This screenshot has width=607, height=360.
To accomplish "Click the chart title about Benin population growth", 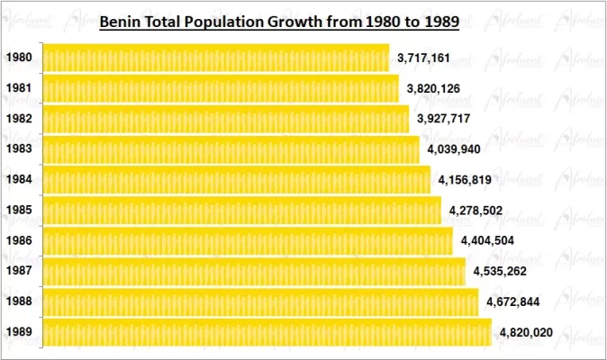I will point(279,21).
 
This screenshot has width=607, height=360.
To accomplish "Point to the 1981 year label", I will point(20,88).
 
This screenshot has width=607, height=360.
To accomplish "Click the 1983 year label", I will point(20,149).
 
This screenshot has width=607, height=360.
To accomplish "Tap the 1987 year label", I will point(20,271).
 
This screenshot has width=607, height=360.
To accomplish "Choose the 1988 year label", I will point(20,301).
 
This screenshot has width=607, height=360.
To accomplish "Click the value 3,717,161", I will point(424,58).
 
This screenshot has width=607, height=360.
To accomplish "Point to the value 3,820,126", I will point(434,88).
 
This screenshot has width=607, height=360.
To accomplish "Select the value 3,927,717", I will point(443,119).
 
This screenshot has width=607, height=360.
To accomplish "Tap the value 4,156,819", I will point(465,180).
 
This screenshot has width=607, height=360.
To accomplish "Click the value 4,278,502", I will point(476,211).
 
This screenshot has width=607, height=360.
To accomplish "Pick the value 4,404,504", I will point(487,241).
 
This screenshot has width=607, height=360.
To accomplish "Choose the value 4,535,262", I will point(500,271).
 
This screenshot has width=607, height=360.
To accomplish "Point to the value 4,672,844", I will point(512,301).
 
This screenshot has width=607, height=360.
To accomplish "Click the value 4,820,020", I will point(525,332).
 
